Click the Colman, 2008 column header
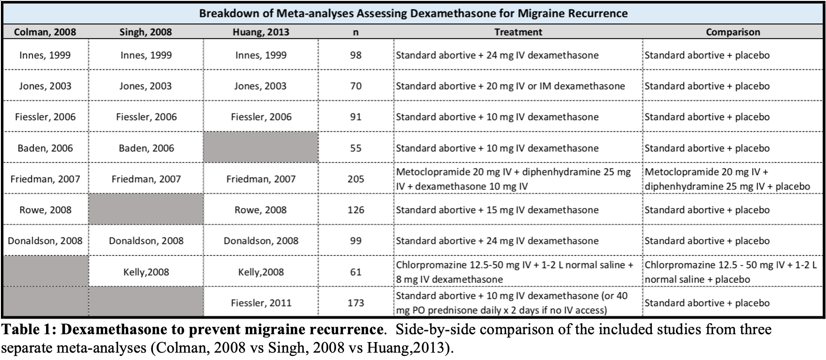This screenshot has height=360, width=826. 45,32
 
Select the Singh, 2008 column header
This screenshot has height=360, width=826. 145,32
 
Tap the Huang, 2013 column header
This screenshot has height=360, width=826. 261,32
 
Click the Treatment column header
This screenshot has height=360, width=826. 518,32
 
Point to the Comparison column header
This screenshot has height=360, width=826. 733,32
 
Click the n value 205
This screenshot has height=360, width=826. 356,179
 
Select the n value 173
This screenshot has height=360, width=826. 356,302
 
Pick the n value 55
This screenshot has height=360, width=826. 356,148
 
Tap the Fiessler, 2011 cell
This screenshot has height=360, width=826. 261,302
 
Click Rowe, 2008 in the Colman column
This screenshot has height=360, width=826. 45,210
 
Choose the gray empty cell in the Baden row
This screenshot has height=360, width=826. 261,147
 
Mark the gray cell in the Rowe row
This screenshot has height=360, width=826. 146,209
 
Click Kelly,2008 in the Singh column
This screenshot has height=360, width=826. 146,272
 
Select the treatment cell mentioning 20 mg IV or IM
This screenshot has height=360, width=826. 510,86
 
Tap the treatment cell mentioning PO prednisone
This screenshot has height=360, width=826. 512,303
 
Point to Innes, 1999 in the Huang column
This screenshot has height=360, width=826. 261,55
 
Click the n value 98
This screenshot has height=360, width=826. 356,55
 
